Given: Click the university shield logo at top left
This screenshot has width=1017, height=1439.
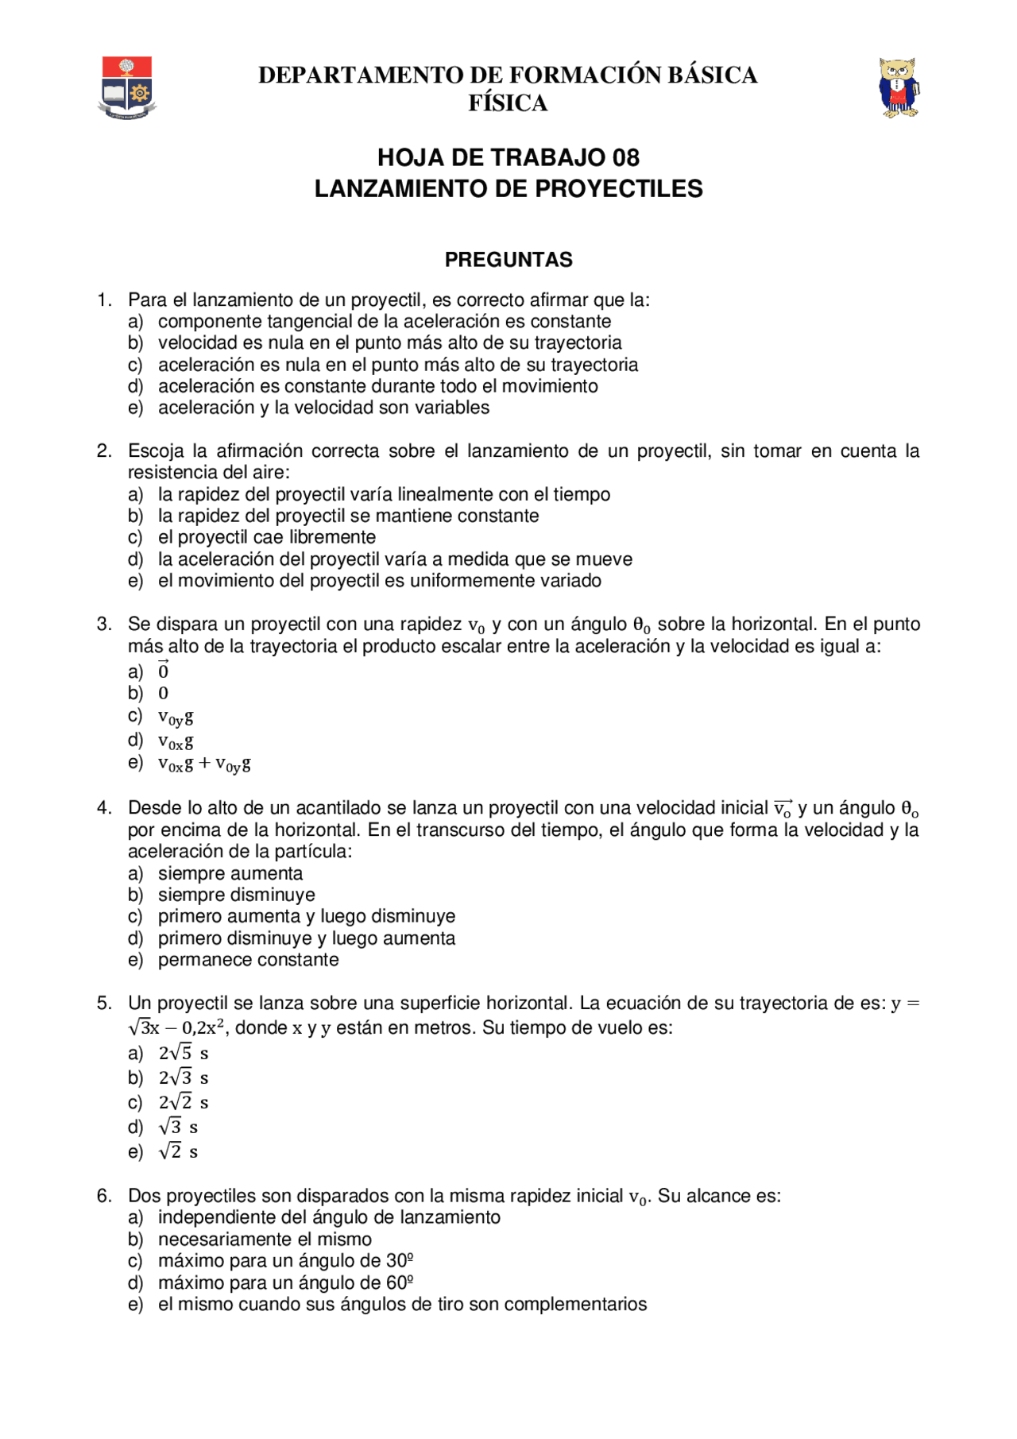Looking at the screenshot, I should [127, 87].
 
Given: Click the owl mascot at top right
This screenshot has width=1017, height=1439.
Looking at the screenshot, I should [899, 87].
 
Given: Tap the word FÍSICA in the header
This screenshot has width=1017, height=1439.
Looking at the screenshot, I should [508, 103].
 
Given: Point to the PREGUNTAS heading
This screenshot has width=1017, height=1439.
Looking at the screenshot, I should [508, 260].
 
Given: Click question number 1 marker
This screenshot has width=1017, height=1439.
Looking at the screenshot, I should [104, 300].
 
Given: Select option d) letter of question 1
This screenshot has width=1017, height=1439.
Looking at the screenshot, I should [135, 386].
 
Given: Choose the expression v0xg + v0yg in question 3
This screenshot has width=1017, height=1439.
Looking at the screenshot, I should [204, 764].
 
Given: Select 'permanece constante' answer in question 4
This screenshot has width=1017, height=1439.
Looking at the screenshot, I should [248, 960].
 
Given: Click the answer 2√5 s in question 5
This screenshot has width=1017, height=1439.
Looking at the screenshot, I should [183, 1053].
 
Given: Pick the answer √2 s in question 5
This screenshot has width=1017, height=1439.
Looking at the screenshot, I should [178, 1151].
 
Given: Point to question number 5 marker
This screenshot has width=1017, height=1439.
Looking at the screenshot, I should [104, 1003].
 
